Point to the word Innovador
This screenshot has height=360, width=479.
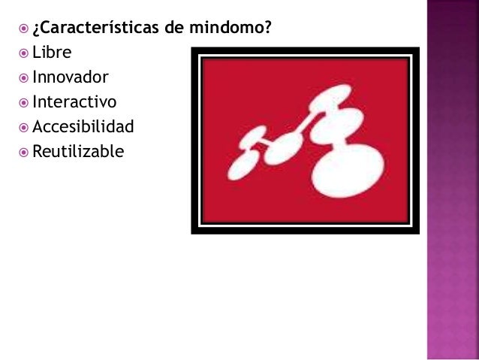(70, 77)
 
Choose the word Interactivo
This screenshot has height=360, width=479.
(74, 101)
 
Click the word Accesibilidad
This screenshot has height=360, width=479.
(83, 126)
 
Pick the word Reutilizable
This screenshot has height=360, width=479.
(78, 151)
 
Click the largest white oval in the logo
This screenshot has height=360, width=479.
(348, 170)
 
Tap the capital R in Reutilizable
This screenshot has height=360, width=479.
(38, 151)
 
